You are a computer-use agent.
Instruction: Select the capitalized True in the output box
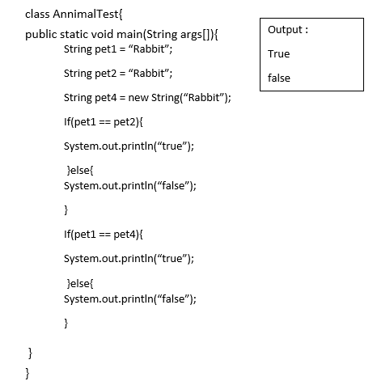pyautogui.click(x=278, y=54)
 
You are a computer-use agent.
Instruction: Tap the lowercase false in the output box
pyautogui.click(x=279, y=78)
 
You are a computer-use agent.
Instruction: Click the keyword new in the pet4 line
pyautogui.click(x=138, y=98)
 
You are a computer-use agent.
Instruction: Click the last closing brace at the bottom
pyautogui.click(x=28, y=373)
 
